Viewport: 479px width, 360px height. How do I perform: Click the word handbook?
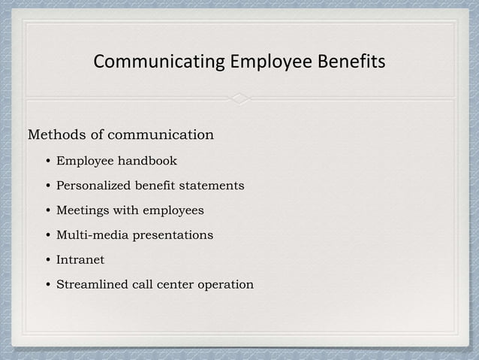pyautogui.click(x=147, y=161)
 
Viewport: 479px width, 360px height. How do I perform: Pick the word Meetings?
pyautogui.click(x=83, y=210)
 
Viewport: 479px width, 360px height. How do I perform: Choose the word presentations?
pyautogui.click(x=173, y=235)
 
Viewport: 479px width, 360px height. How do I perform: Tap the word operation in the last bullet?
pyautogui.click(x=224, y=285)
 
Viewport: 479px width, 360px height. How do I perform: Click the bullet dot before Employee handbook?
pyautogui.click(x=47, y=162)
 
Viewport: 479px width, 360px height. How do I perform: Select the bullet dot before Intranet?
pyautogui.click(x=47, y=261)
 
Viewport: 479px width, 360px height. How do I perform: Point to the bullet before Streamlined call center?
pyautogui.click(x=47, y=286)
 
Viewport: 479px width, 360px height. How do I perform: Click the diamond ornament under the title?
pyautogui.click(x=239, y=99)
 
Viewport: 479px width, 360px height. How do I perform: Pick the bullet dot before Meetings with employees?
pyautogui.click(x=47, y=211)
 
